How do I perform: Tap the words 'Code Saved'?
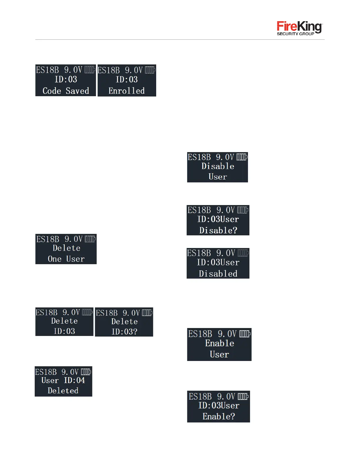pos(66,91)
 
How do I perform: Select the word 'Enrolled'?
pos(126,91)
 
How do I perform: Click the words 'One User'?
pos(66,259)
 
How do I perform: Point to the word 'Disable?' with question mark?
pos(218,230)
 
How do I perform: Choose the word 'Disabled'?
pos(218,274)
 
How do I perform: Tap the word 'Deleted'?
pos(63,391)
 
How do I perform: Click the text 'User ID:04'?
pos(63,380)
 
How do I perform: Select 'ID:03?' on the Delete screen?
pos(124,332)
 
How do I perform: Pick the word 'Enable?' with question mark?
pos(219,417)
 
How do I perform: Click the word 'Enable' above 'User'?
pos(219,343)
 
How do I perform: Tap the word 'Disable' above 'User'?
pos(218,166)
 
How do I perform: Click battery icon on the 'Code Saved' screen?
pos(90,70)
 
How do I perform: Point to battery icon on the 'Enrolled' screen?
pos(150,70)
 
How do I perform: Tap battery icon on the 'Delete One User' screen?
pos(90,239)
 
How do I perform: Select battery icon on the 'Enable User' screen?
pos(245,334)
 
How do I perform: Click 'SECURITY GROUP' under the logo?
pos(295,34)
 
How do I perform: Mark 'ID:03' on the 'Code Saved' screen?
pos(66,79)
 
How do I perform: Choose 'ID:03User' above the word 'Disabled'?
pos(218,262)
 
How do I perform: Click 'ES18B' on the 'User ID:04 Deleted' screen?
pos(46,372)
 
